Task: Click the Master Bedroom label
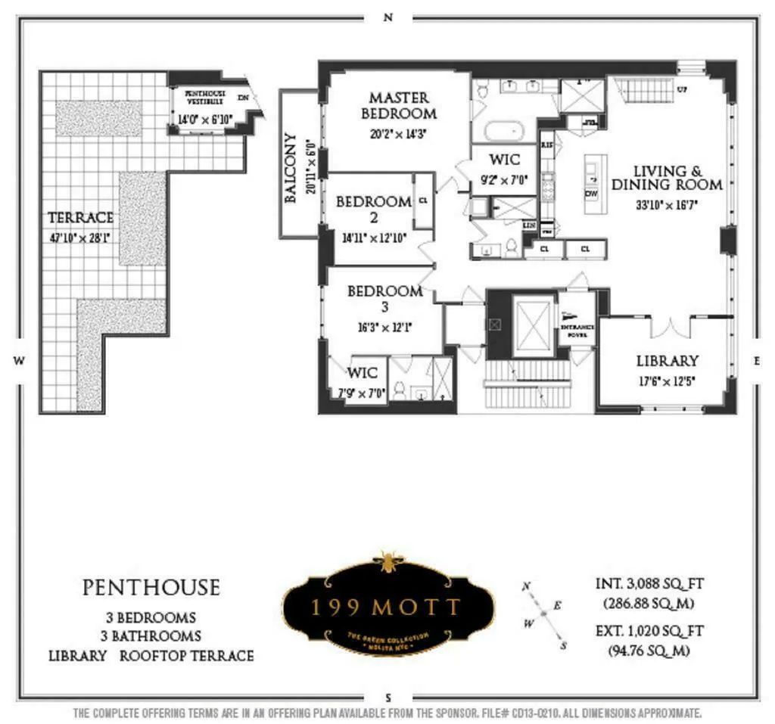(399, 106)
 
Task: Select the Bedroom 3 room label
(384, 299)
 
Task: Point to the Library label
(667, 361)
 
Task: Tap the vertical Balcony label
(291, 168)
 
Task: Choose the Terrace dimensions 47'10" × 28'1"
(80, 234)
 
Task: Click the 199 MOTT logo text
(387, 607)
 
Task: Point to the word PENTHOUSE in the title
(151, 588)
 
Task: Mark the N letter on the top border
(388, 19)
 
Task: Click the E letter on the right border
(756, 362)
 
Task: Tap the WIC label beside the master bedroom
(504, 160)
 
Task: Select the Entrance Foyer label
(577, 327)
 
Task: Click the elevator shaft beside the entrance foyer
(533, 325)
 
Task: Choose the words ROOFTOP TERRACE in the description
(186, 655)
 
